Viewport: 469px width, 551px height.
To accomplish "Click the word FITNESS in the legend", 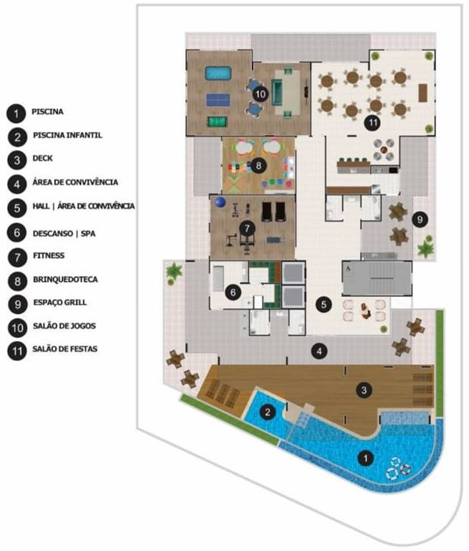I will [x=48, y=254].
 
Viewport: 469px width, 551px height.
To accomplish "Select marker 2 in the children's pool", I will [x=267, y=412].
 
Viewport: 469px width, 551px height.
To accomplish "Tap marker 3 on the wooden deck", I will [x=364, y=390].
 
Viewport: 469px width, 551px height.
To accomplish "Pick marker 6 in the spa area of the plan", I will [x=233, y=291].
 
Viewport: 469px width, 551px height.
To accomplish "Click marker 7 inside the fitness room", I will [x=248, y=228].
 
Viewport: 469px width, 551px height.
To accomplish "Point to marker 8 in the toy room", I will [x=259, y=165].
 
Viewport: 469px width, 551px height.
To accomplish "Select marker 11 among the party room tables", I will [x=371, y=123].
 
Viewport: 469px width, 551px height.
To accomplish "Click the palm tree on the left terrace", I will [x=173, y=273].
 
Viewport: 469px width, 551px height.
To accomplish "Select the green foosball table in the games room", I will [x=215, y=121].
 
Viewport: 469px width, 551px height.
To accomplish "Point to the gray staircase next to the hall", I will [x=377, y=279].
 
